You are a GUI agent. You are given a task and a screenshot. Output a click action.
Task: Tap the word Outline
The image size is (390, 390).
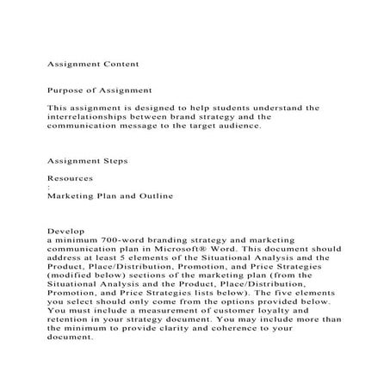click(x=151, y=195)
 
